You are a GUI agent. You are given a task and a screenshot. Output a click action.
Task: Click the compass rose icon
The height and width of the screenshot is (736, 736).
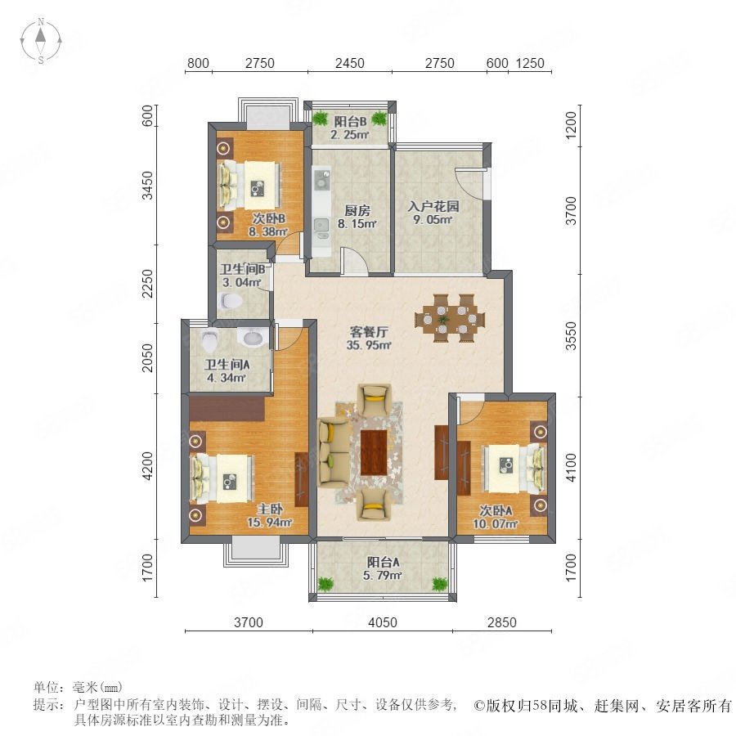(x=41, y=40)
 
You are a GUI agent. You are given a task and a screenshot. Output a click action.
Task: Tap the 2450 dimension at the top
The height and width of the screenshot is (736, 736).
(x=350, y=63)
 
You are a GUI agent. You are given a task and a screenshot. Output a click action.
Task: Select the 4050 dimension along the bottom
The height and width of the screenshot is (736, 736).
(x=383, y=622)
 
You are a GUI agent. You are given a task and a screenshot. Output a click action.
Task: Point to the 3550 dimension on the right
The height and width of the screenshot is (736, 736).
(x=571, y=335)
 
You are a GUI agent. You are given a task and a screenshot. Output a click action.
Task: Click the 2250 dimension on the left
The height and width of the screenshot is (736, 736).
(x=147, y=283)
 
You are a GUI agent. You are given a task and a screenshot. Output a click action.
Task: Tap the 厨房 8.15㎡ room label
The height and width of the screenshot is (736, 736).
(x=357, y=217)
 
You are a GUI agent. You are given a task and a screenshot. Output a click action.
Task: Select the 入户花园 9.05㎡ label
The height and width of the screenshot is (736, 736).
(x=433, y=213)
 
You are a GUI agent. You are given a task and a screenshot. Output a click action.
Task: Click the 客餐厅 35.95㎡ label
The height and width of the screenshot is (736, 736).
(x=369, y=338)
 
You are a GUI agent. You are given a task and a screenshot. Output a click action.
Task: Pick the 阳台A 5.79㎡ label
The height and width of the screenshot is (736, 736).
(x=383, y=568)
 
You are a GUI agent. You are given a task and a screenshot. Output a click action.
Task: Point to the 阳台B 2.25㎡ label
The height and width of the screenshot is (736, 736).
(x=350, y=128)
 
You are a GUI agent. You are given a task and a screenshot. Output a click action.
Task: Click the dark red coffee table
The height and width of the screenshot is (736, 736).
(x=374, y=452)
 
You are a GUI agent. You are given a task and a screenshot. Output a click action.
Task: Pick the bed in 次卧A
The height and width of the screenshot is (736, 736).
(x=514, y=469)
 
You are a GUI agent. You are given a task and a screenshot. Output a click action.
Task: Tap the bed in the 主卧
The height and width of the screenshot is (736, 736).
(x=222, y=478)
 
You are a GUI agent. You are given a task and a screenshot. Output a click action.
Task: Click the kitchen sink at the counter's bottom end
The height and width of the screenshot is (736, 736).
(x=321, y=226)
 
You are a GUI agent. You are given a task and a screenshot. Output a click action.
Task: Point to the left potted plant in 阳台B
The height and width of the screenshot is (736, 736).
(x=321, y=119)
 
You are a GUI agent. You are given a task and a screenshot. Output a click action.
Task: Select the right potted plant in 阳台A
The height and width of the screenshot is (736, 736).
(x=440, y=585)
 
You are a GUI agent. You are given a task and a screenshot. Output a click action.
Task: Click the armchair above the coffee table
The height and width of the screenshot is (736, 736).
(x=374, y=399)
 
